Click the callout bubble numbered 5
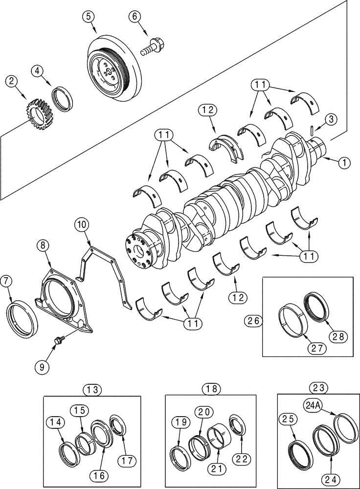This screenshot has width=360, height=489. (88, 16)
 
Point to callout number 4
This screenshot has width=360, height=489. (39, 71)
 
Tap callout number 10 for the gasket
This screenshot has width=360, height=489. (82, 225)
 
